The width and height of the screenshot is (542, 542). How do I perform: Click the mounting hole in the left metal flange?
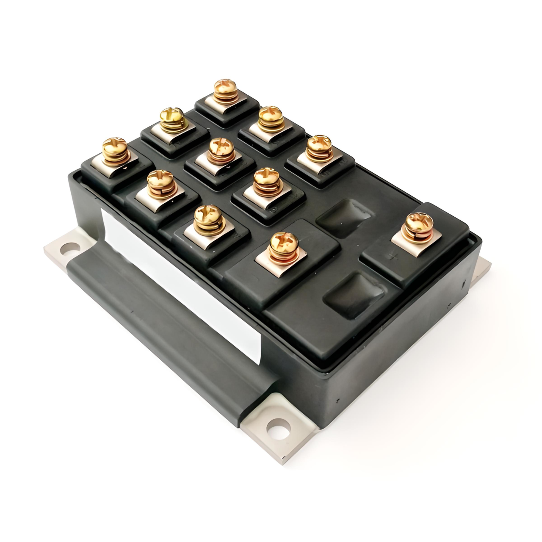pos(66,248)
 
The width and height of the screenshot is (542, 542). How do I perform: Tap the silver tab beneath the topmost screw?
pos(222,104)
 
